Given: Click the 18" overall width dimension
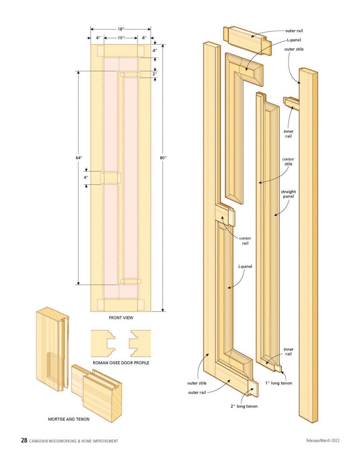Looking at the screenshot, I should tap(121, 29).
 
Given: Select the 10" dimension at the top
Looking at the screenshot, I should tap(121, 38).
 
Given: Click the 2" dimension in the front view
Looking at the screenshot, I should tap(155, 74).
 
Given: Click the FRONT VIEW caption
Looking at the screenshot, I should tap(121, 318).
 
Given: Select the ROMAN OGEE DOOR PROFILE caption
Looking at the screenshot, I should tap(121, 362).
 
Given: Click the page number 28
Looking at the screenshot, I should tap(24, 440).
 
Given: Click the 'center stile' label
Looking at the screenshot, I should tap(288, 161).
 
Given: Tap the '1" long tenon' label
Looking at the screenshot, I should tap(279, 383).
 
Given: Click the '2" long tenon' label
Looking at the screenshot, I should tap(244, 406).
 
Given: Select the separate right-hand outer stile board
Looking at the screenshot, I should tap(308, 244).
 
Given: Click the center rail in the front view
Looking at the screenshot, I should tap(111, 178).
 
